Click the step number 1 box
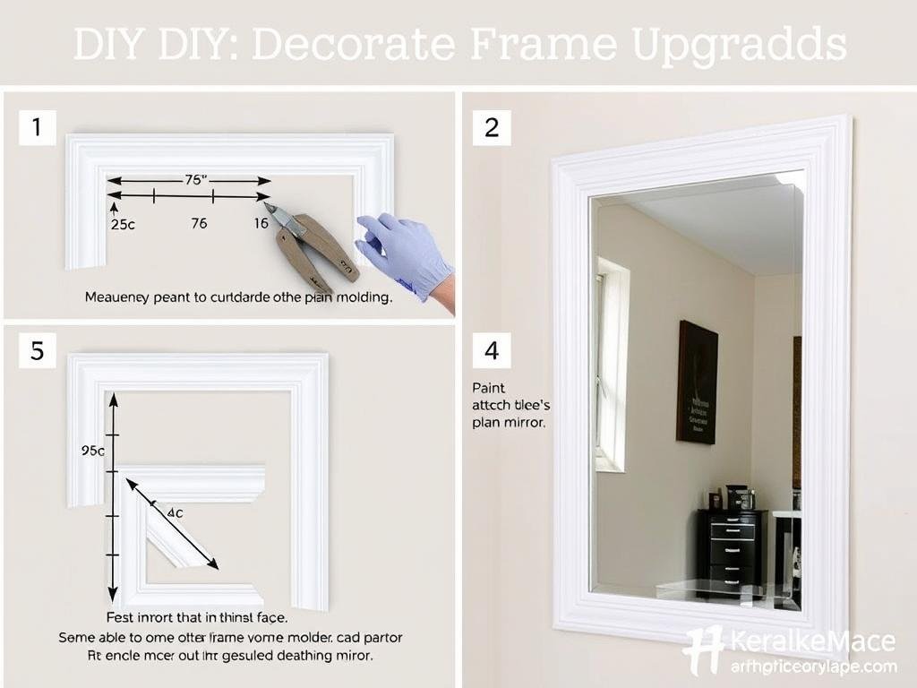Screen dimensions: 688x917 pos(37,128)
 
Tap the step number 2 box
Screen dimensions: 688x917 pos(492,128)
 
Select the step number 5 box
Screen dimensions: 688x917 pos(37,350)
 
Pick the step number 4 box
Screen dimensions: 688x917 pos(492,350)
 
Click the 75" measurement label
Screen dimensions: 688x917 pos(195,179)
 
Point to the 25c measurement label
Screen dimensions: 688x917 pos(123,225)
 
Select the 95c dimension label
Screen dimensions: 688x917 pos(93,451)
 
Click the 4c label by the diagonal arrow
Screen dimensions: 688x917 pos(174,512)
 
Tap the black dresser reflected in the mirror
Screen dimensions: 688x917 pos(733,548)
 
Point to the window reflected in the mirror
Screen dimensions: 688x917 pos(612,363)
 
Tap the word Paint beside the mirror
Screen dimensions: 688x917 pos(489,388)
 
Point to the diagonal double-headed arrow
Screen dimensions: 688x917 pos(172,523)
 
